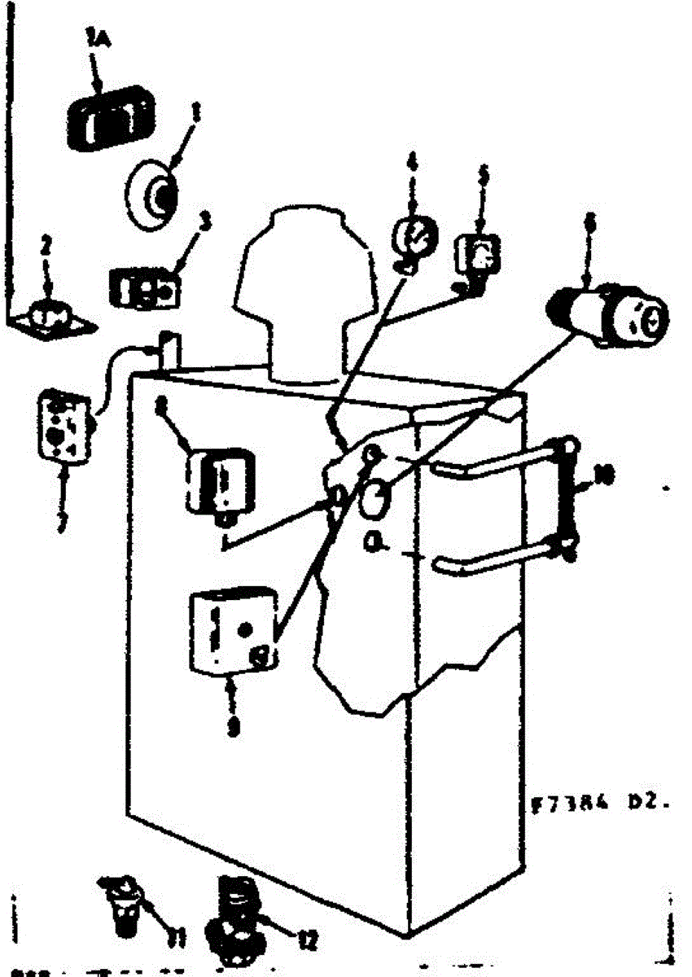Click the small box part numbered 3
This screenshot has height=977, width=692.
143,288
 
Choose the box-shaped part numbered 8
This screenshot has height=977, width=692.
220,480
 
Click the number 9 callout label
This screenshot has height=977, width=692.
234,727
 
